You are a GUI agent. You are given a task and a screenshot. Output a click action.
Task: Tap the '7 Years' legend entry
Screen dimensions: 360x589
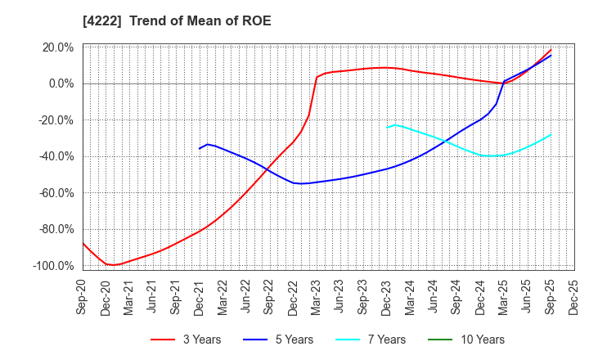click(x=380, y=340)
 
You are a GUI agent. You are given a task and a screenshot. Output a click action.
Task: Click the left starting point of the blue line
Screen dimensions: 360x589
click(x=200, y=148)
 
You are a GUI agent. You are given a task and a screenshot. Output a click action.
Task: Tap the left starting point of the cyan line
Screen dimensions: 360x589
click(x=387, y=128)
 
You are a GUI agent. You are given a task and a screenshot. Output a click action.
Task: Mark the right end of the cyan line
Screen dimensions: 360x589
click(x=551, y=135)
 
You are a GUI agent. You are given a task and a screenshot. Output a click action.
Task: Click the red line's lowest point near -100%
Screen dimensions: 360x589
click(x=115, y=265)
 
